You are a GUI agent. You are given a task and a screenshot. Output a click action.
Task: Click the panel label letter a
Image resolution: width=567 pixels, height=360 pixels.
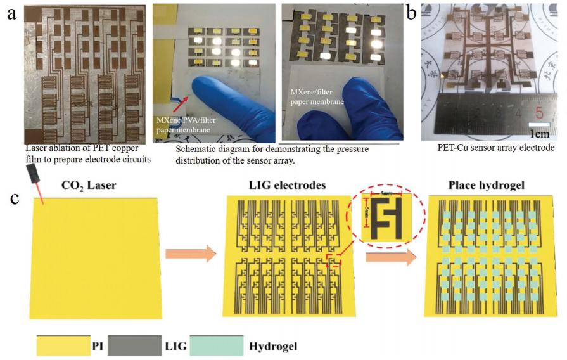click(11, 13)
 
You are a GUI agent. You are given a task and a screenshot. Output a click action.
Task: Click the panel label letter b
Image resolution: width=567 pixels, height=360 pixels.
click(412, 11)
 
